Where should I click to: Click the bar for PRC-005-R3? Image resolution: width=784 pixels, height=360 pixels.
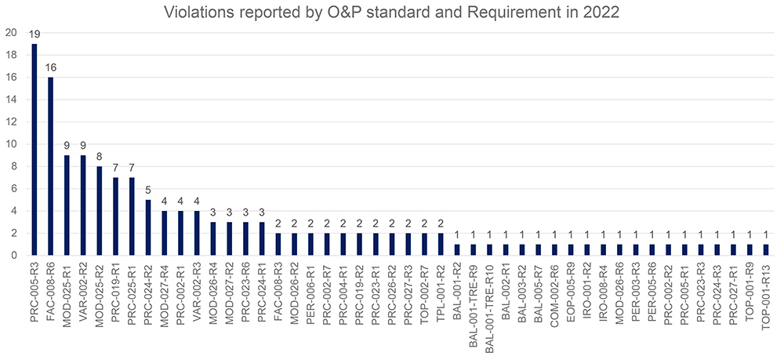click(34, 149)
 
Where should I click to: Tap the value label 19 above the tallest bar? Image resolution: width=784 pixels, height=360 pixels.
click(34, 35)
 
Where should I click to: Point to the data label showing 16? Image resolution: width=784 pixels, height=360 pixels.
click(50, 68)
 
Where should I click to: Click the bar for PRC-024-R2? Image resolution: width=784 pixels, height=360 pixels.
click(148, 227)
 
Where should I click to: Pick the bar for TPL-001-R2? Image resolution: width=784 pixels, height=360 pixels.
click(441, 244)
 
